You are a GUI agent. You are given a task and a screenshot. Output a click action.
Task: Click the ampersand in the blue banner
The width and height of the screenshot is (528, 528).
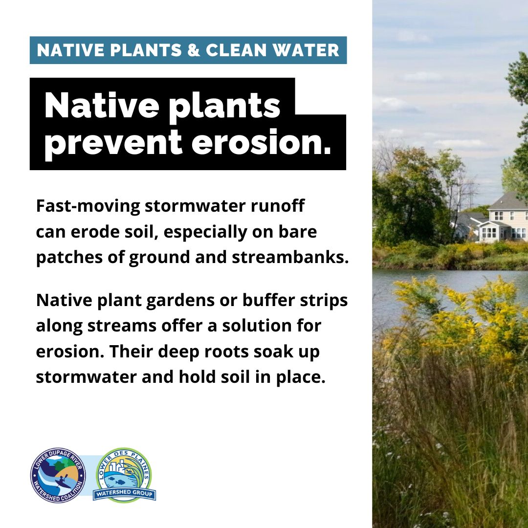pos(193,50)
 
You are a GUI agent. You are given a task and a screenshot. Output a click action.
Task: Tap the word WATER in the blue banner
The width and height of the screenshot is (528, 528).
pos(306,50)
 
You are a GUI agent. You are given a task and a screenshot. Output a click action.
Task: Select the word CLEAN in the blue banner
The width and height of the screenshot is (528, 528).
pos(236,50)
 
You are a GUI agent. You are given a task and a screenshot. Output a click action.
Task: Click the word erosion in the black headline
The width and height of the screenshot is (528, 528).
pos(261,142)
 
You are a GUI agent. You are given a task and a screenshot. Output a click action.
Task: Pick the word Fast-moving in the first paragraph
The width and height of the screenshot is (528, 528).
pos(88,206)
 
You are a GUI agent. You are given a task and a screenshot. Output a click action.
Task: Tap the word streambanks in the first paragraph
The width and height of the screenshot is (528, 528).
pos(290,257)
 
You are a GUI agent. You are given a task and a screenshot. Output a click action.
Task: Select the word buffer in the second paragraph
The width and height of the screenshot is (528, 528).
pos(268,300)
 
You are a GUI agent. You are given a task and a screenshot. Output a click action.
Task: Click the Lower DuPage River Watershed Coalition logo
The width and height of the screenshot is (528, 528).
pos(58,476)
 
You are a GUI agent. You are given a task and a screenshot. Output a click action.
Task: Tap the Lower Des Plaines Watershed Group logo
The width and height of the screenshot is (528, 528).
pos(124,475)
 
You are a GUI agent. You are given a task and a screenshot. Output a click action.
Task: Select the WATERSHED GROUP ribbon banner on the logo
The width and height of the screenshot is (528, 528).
pos(124,494)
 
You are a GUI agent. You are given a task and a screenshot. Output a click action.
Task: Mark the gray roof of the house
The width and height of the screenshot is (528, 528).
pos(509,201)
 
